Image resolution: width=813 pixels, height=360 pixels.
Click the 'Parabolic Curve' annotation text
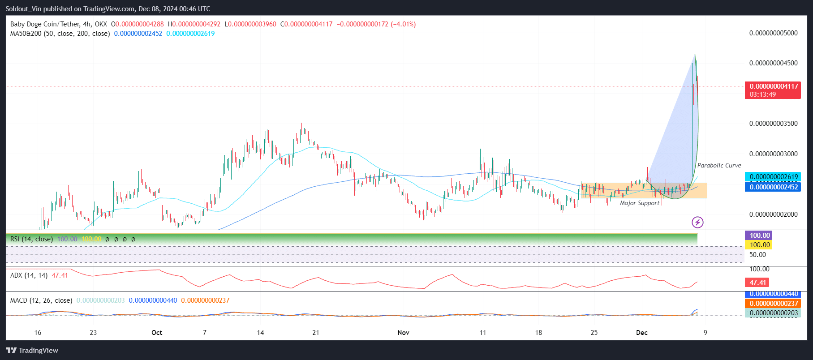point(719,165)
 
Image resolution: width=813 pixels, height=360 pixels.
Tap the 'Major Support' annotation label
point(639,203)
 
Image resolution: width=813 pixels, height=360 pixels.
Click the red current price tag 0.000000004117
point(774,86)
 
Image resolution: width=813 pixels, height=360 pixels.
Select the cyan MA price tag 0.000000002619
point(774,177)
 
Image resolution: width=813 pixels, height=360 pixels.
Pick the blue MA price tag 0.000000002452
point(774,187)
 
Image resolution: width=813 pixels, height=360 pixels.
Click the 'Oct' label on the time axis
point(157,332)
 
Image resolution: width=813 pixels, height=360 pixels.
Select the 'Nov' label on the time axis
point(403,332)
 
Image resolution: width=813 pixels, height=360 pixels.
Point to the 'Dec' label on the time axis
point(642,332)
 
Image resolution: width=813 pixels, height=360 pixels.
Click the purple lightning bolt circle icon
point(697,222)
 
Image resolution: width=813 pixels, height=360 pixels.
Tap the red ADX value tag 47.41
point(757,282)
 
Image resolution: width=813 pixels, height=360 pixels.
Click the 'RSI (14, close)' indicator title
point(31,239)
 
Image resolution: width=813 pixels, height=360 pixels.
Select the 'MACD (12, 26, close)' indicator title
point(41,300)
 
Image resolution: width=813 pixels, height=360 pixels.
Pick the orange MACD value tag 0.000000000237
point(774,303)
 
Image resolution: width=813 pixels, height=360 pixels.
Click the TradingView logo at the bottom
point(32,350)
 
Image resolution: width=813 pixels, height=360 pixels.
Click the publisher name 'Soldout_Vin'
point(23,9)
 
